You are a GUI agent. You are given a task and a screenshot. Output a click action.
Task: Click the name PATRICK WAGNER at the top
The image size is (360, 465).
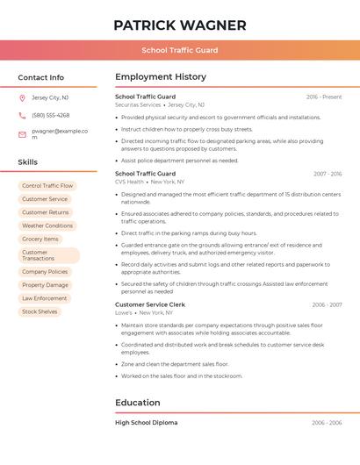point(180,25)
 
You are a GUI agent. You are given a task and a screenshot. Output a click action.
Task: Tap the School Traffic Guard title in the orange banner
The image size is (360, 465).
point(180,50)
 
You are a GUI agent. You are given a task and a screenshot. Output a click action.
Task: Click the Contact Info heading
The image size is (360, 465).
point(40,77)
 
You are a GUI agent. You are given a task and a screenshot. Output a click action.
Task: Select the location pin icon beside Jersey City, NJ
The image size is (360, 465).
point(22,97)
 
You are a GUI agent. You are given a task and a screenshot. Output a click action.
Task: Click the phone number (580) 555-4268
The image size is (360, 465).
point(50,115)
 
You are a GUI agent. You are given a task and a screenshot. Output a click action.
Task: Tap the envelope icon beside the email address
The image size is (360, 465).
point(22,134)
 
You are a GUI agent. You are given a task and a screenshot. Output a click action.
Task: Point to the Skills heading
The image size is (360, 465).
point(27,162)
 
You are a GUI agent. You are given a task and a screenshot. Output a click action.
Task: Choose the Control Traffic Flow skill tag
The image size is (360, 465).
point(47,186)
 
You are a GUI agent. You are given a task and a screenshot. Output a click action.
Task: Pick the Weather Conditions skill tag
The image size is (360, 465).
point(47,225)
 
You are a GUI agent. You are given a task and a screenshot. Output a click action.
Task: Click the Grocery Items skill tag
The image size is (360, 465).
point(40,239)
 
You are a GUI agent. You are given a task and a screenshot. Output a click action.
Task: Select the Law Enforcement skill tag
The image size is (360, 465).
point(44,298)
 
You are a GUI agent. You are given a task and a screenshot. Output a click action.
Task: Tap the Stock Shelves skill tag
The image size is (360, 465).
point(40,311)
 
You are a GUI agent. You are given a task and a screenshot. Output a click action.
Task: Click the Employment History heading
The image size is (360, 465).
point(161,77)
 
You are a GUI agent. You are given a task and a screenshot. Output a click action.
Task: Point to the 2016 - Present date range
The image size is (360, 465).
point(324,97)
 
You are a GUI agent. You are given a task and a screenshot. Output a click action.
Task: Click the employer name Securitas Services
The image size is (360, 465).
point(138,104)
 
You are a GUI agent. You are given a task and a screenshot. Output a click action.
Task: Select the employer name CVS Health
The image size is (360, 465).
point(129,182)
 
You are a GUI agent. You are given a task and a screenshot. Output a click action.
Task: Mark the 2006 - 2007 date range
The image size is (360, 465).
point(326,304)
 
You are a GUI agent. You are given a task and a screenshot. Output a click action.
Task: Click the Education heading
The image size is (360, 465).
point(138,403)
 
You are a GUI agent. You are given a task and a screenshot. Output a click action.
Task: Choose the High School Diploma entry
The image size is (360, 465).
point(146,422)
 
